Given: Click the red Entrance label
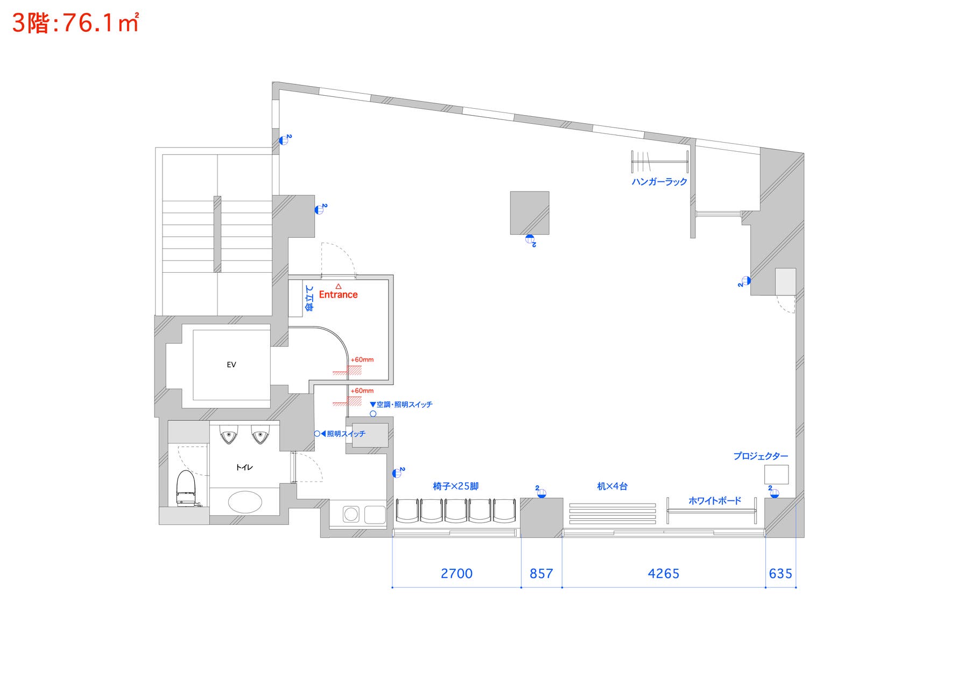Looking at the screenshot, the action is (x=338, y=294).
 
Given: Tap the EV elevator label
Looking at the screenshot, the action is (x=231, y=364).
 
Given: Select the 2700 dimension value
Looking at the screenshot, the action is (x=456, y=574).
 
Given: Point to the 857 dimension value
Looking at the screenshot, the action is (x=541, y=574).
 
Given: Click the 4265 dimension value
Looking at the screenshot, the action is (x=664, y=574).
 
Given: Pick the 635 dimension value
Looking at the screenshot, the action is (x=780, y=574).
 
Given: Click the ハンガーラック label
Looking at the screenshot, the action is (x=659, y=182).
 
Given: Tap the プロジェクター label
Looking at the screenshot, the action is (x=760, y=456).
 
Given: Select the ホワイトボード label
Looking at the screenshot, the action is (x=715, y=501).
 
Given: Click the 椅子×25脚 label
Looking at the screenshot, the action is (x=455, y=486).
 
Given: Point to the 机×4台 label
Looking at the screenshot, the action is (x=612, y=486).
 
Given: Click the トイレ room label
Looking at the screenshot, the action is (x=244, y=467).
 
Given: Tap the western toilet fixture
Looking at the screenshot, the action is (x=185, y=488).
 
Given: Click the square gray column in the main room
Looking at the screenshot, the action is (x=530, y=213).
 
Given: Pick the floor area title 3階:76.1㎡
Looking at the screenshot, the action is (x=75, y=23).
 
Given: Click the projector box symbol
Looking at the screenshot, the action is (x=777, y=475).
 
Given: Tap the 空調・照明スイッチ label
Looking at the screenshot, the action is (x=404, y=405).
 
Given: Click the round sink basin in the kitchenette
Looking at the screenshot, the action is (x=351, y=514).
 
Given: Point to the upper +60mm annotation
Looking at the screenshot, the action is (x=362, y=359).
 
